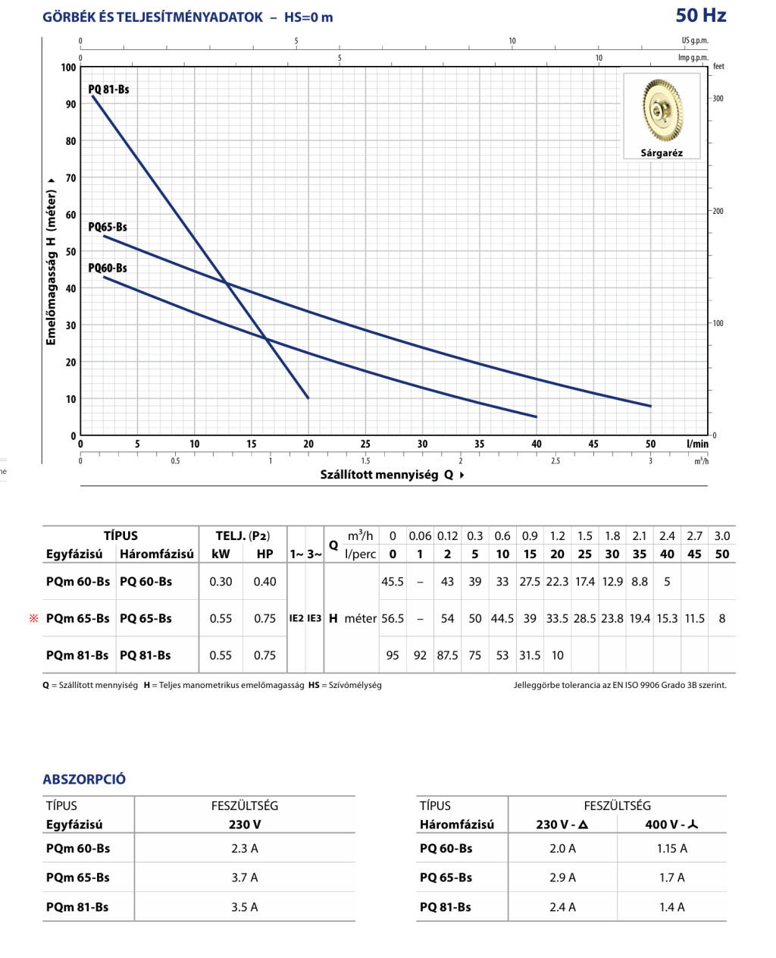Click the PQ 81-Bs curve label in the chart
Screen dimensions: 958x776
(108, 90)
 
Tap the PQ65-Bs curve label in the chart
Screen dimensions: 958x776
(108, 227)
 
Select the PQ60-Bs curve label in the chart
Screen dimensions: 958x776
(108, 268)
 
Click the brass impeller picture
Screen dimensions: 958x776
(662, 110)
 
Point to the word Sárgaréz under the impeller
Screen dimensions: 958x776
(662, 153)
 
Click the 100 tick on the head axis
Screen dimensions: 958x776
(69, 68)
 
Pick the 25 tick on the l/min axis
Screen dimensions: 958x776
(365, 444)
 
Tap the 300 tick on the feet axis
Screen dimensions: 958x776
(717, 99)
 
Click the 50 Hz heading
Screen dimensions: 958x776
(700, 15)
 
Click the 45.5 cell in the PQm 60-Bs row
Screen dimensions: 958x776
(393, 582)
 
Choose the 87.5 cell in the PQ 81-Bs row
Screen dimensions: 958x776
(447, 655)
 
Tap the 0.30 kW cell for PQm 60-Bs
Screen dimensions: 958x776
(221, 582)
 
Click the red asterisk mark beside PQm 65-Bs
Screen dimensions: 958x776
(33, 618)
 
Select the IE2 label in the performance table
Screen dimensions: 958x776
(296, 618)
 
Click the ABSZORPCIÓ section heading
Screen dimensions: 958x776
(84, 779)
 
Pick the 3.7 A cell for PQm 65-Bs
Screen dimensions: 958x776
(244, 878)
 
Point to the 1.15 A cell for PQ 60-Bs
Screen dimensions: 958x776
(671, 849)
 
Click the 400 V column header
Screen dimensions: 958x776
(671, 825)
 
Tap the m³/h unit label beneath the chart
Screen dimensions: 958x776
(701, 461)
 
